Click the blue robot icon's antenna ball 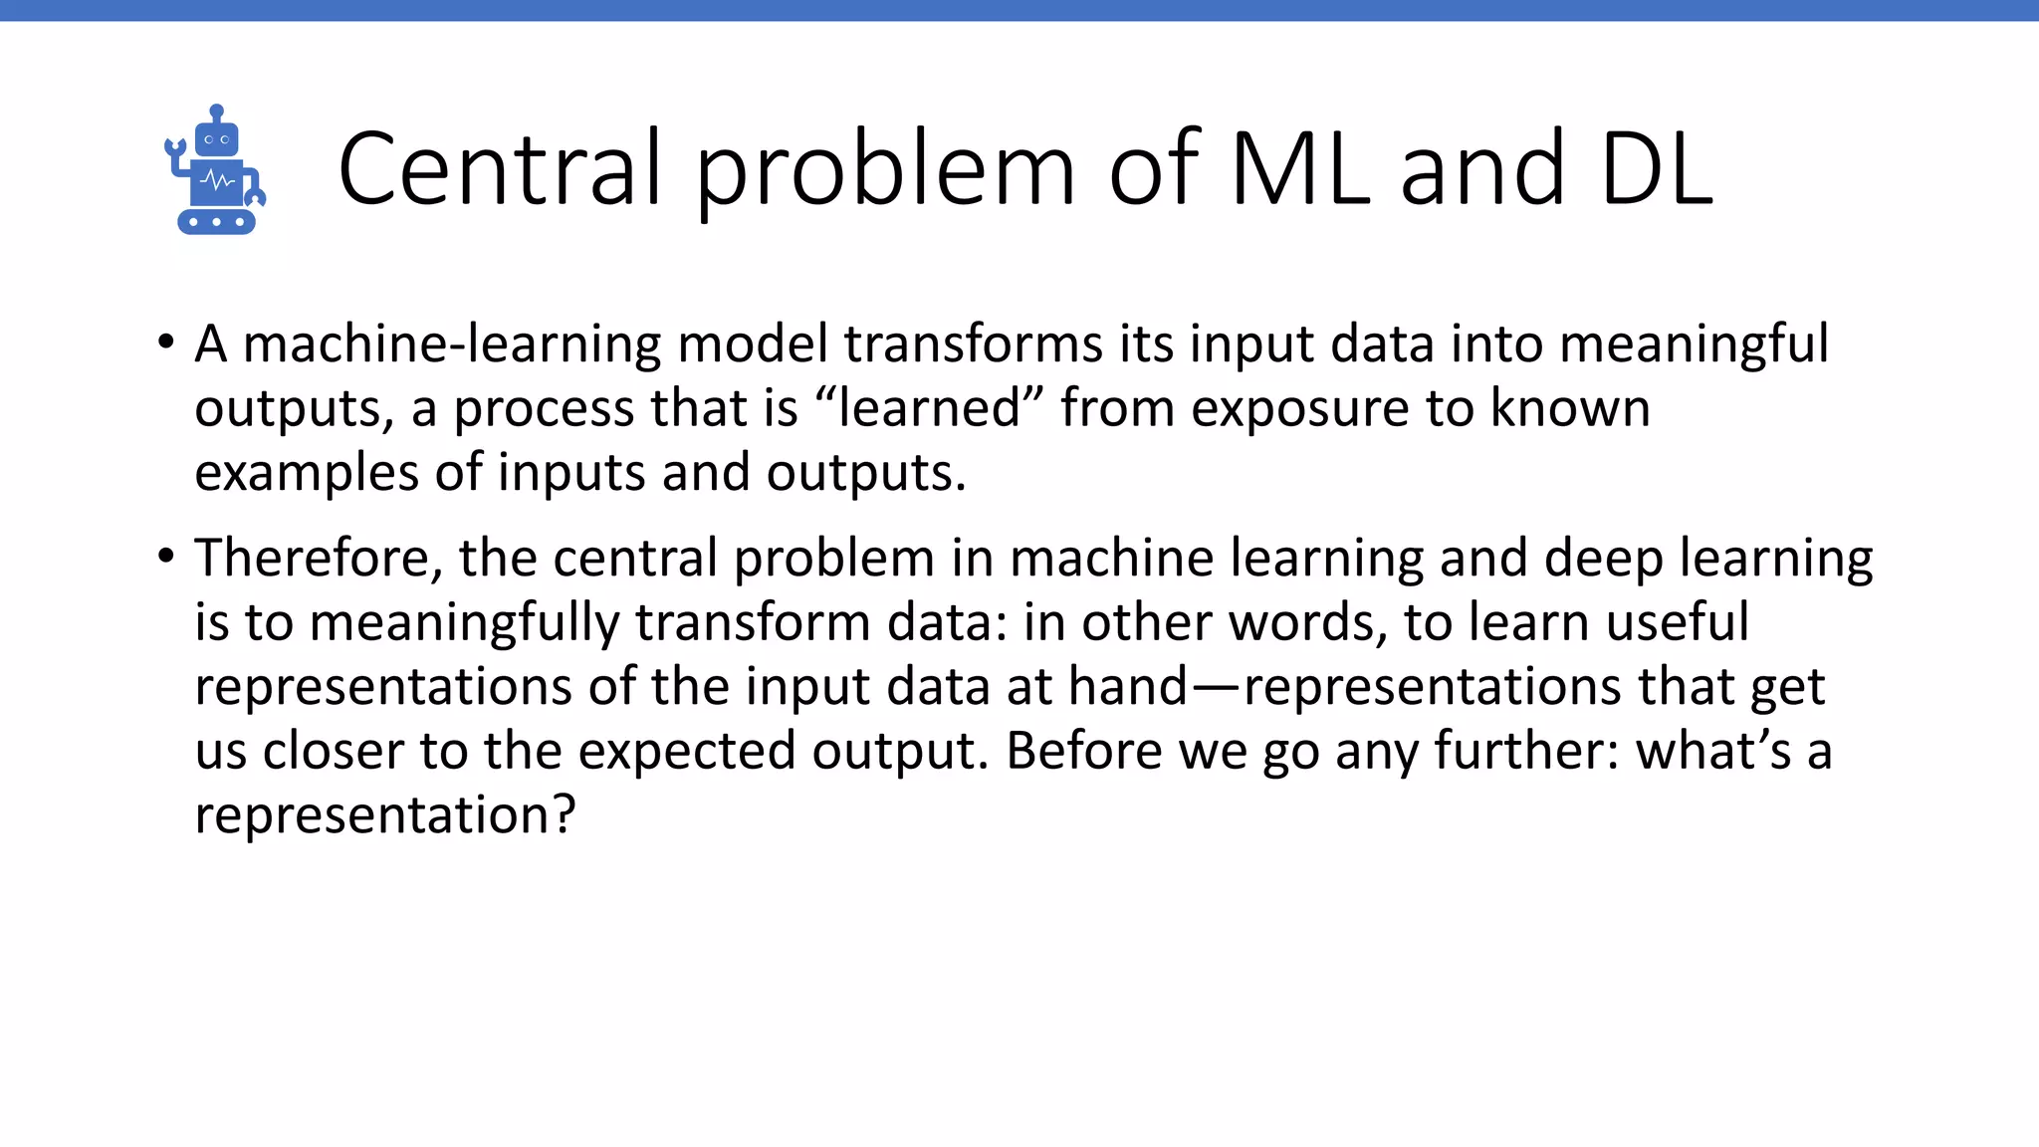click(217, 111)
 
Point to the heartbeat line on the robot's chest click(217, 182)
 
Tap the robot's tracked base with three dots click(216, 222)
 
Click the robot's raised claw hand click(175, 149)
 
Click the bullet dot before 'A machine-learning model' click(166, 343)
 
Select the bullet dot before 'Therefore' click(166, 556)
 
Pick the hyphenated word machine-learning click(452, 344)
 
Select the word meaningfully click(464, 623)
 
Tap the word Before click(1084, 751)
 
